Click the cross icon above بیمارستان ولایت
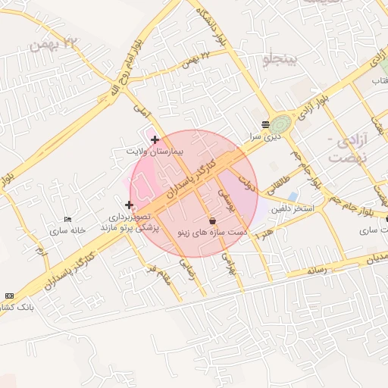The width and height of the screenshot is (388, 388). (x=155, y=139)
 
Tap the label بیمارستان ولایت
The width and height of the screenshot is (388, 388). (x=155, y=152)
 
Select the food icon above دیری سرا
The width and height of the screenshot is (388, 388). (x=265, y=124)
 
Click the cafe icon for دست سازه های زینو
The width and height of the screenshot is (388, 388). (x=211, y=220)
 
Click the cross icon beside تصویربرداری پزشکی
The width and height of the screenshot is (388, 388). (x=129, y=205)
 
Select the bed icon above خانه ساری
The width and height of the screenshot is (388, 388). (x=68, y=219)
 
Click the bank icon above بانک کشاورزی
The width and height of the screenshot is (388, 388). (x=9, y=296)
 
